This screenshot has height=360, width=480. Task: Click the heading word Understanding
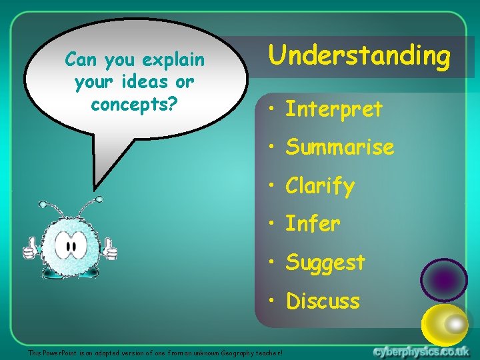(359, 56)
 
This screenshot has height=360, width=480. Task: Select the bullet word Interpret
(333, 109)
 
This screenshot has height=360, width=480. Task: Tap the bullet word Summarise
(339, 147)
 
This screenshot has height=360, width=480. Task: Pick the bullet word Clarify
(319, 186)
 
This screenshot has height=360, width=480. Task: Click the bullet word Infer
(313, 224)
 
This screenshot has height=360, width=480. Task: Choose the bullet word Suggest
(325, 263)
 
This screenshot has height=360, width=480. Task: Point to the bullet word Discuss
(323, 301)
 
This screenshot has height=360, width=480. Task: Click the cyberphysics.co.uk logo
(421, 351)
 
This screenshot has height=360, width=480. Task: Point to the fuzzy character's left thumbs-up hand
(30, 249)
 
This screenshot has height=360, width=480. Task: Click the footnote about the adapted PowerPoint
(155, 352)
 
